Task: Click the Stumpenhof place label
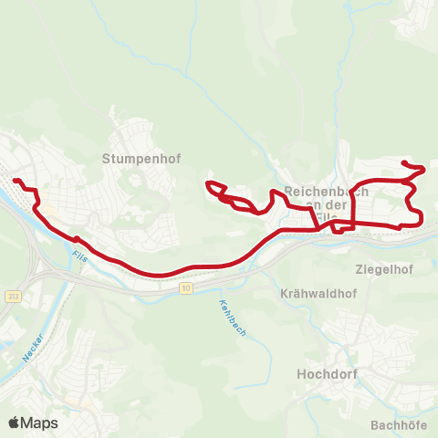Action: click(x=141, y=159)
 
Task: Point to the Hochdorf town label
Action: click(x=326, y=374)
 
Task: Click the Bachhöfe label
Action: click(x=400, y=424)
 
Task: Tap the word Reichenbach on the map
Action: click(x=327, y=192)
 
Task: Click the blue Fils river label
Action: click(x=77, y=260)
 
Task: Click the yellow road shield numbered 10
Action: click(x=186, y=288)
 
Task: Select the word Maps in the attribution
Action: click(x=39, y=422)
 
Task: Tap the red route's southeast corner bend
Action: click(x=420, y=219)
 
